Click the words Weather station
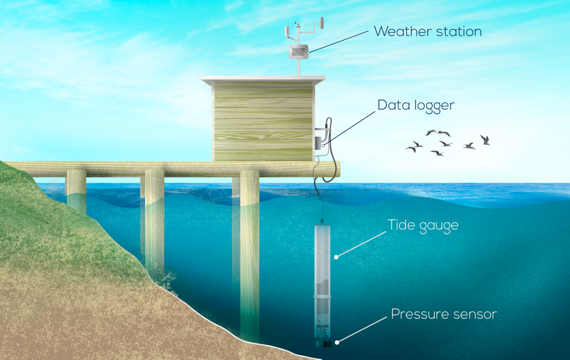[428, 32]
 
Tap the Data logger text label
[416, 105]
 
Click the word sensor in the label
[476, 315]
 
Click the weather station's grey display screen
[299, 52]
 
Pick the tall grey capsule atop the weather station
[322, 23]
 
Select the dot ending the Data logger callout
[323, 145]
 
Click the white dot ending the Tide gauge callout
[337, 256]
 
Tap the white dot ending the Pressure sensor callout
[337, 342]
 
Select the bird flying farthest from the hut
[485, 140]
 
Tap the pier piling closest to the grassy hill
[76, 192]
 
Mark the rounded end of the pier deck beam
[336, 168]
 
